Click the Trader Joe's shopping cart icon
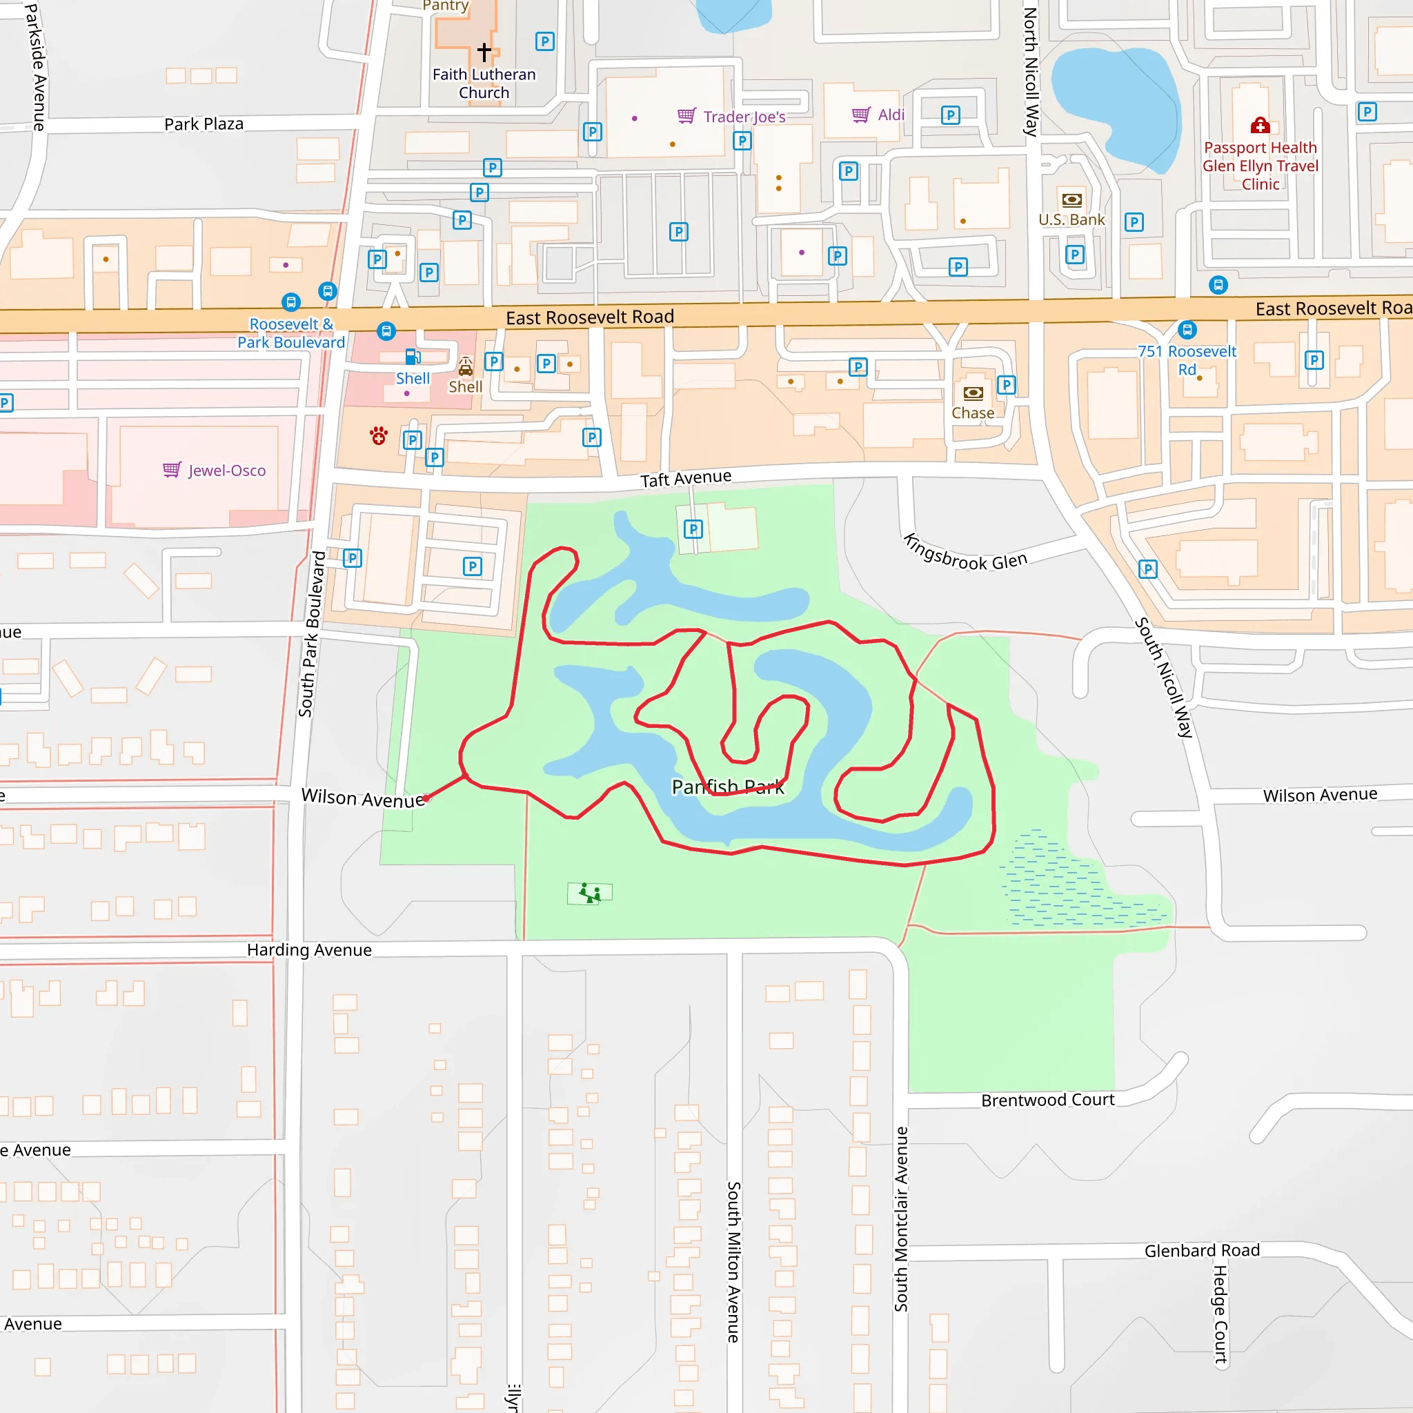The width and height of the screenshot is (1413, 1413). [686, 115]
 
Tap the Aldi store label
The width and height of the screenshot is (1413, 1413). [891, 115]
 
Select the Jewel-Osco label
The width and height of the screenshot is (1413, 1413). [227, 471]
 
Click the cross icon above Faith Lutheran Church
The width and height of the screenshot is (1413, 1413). [484, 52]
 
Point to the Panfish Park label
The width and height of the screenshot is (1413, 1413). [728, 787]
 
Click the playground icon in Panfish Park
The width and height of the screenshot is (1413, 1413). [589, 893]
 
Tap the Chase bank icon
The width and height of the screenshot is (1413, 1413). [973, 393]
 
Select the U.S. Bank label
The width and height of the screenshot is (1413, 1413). [1071, 219]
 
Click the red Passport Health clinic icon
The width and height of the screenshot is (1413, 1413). [1259, 126]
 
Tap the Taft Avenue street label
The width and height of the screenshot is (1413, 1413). [685, 478]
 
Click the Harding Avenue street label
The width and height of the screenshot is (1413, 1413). [309, 950]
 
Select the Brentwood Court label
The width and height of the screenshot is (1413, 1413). [1047, 1100]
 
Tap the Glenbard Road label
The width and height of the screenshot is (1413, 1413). [1202, 1251]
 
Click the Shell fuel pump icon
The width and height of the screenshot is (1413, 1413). [413, 357]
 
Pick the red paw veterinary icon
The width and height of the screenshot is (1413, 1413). [378, 437]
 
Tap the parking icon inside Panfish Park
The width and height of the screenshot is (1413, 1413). [693, 528]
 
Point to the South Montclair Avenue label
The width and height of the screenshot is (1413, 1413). [901, 1219]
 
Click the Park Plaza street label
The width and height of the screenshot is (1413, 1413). [204, 124]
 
